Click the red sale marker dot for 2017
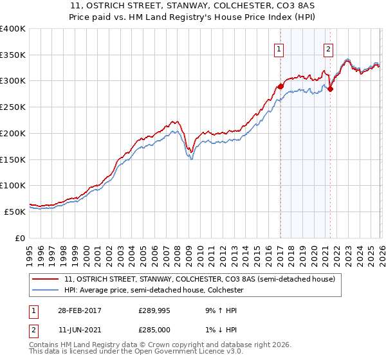(x=280, y=85)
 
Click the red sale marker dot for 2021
(x=330, y=89)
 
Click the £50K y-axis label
(x=15, y=212)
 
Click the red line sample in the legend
(x=46, y=280)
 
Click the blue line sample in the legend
(x=46, y=291)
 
